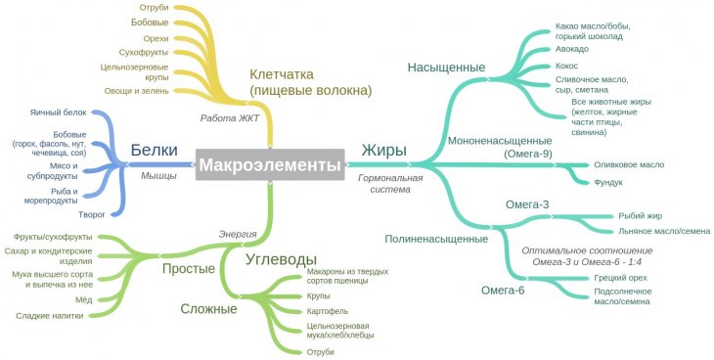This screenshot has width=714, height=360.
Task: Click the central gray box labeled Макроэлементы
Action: click(x=270, y=164)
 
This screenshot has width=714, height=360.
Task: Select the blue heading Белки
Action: click(x=154, y=150)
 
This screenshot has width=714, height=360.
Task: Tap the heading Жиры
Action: click(x=383, y=150)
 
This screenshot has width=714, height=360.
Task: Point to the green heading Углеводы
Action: click(x=281, y=259)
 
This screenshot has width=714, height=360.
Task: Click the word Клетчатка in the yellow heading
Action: click(x=282, y=74)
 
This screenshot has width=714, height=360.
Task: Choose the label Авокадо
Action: click(x=572, y=49)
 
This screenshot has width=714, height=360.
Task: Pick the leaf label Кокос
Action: click(x=566, y=66)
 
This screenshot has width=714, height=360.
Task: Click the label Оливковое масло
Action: click(x=629, y=164)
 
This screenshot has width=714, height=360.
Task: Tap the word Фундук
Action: click(x=608, y=182)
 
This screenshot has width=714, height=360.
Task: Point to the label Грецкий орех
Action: click(x=620, y=278)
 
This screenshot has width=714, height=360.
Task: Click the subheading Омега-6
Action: click(x=503, y=290)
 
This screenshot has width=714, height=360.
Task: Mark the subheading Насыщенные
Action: click(x=446, y=67)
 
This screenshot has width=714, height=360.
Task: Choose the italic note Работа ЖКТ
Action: click(x=230, y=118)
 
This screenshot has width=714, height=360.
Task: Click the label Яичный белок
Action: click(x=59, y=112)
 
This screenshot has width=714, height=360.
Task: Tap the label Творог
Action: click(x=92, y=214)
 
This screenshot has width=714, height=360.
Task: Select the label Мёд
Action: click(x=84, y=300)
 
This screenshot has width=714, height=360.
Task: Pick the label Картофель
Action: click(x=328, y=311)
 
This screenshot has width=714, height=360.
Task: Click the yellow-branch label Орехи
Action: click(x=156, y=39)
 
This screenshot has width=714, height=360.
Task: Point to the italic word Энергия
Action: click(x=238, y=234)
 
